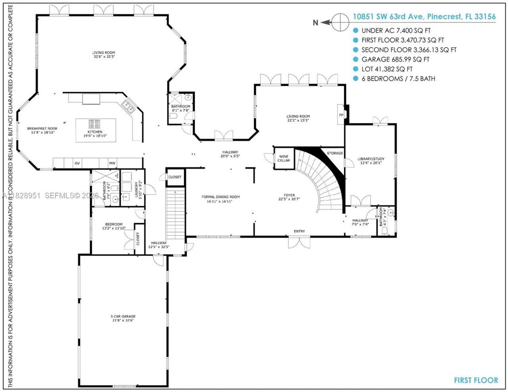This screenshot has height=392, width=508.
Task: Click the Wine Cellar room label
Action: (x=283, y=158)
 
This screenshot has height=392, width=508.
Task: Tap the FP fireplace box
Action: (x=341, y=115)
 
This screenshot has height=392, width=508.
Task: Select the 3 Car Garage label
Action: (x=123, y=318)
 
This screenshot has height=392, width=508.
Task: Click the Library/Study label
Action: (x=371, y=160)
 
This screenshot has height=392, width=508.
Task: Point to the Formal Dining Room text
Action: (x=220, y=199)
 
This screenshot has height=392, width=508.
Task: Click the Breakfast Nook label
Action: (x=42, y=130)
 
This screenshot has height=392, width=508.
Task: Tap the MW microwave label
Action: (x=112, y=163)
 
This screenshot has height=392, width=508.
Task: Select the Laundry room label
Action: (x=138, y=189)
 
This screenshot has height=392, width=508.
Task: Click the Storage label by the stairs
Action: (x=335, y=153)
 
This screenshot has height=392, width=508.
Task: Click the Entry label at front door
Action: (x=299, y=231)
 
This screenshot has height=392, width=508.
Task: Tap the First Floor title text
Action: (x=475, y=380)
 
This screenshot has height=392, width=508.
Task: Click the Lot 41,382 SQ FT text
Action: (x=387, y=69)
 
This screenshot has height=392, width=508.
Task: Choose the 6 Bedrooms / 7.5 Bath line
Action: (x=398, y=79)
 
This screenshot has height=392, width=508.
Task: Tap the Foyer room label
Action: (x=289, y=197)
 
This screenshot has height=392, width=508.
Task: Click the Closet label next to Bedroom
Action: (x=138, y=239)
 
